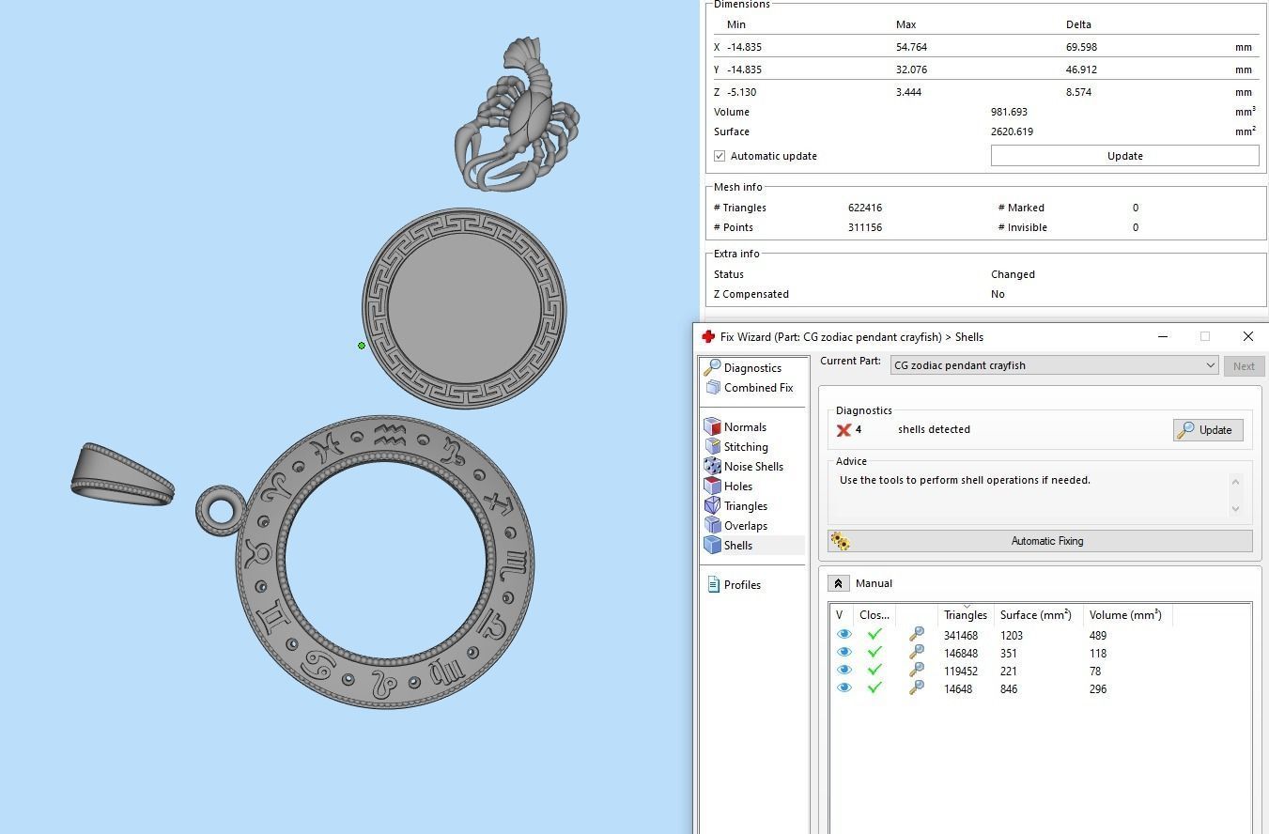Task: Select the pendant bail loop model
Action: pyautogui.click(x=122, y=475)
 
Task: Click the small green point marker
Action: pyautogui.click(x=362, y=346)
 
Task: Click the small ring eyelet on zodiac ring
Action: pyautogui.click(x=221, y=511)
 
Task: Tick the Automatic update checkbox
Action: pyautogui.click(x=720, y=156)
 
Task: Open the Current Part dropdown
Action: pyautogui.click(x=1210, y=365)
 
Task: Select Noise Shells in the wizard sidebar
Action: pyautogui.click(x=752, y=467)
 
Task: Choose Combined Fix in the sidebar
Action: pyautogui.click(x=757, y=388)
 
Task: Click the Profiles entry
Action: pyautogui.click(x=741, y=585)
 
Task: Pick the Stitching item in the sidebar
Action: pyautogui.click(x=745, y=447)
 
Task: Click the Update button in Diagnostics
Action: pyautogui.click(x=1208, y=430)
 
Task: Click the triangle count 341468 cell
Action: pyautogui.click(x=960, y=636)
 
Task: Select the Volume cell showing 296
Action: pyautogui.click(x=1097, y=689)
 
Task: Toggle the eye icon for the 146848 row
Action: pyautogui.click(x=843, y=654)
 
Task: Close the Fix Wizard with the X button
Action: pyautogui.click(x=1247, y=336)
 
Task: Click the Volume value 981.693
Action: pyautogui.click(x=1011, y=112)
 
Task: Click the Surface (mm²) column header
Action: pyautogui.click(x=1035, y=615)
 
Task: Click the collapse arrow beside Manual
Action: pyautogui.click(x=838, y=583)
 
